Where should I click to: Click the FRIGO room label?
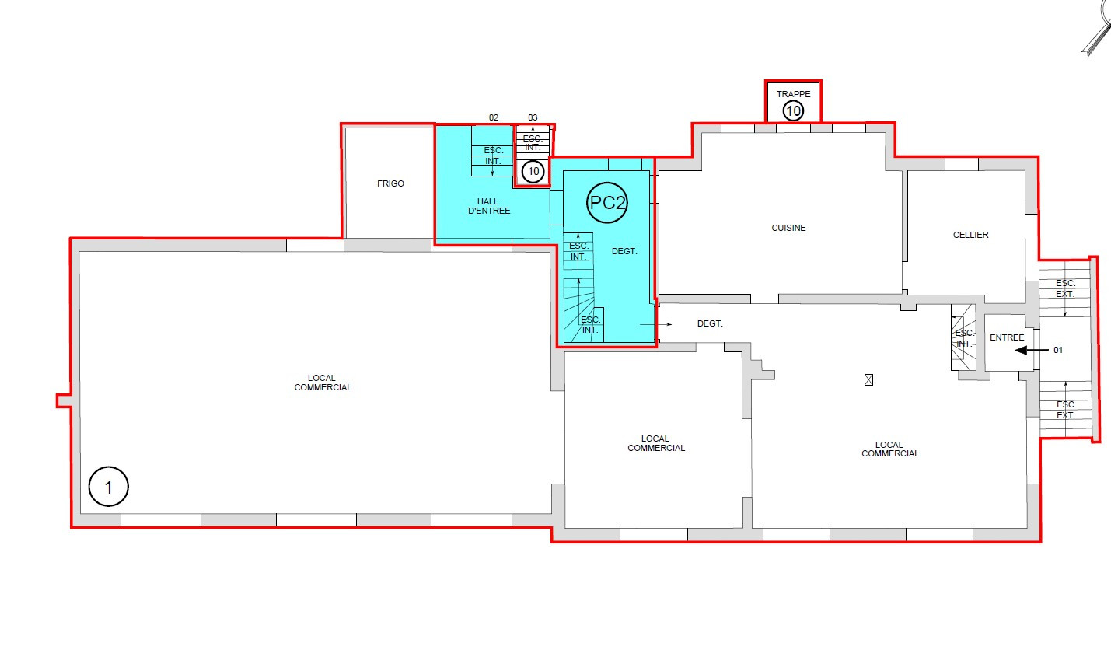[x=390, y=183]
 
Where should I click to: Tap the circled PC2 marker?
[x=607, y=203]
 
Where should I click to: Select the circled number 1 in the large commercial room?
[x=109, y=487]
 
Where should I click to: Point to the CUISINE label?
[x=788, y=228]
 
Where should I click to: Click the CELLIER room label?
[x=970, y=235]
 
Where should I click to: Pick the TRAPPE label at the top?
[x=794, y=94]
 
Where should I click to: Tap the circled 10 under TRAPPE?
[x=793, y=110]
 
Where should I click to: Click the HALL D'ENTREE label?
[x=488, y=206]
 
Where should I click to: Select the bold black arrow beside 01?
[x=1032, y=351]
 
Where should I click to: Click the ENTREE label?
[x=1007, y=337]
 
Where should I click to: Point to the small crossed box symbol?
[x=868, y=380]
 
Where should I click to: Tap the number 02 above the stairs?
[x=494, y=117]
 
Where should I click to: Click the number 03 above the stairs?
[x=533, y=117]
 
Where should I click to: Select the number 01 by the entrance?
[x=1058, y=350]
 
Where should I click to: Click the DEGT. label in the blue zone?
[x=624, y=251]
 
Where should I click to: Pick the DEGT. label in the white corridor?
[x=711, y=323]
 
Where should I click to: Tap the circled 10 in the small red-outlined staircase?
[x=533, y=172]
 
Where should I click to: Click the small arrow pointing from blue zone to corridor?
[x=655, y=324]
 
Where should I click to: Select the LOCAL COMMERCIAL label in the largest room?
[x=323, y=383]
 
